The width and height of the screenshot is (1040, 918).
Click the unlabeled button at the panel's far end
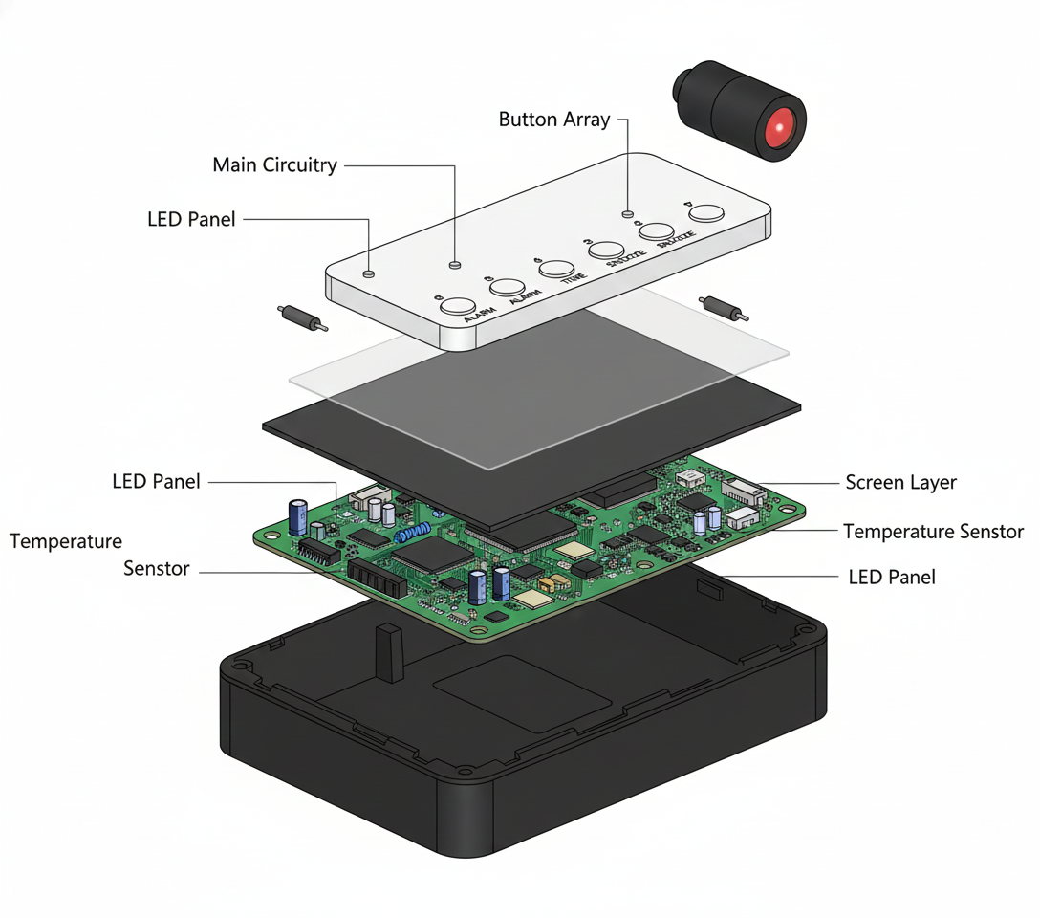[707, 213]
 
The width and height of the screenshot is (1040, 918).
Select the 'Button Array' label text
[553, 120]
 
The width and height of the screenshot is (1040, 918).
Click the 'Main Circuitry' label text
[274, 165]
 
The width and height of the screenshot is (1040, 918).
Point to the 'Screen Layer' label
[900, 483]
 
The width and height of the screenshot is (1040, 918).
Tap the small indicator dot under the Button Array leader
[627, 213]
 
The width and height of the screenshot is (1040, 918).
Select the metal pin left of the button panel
[301, 317]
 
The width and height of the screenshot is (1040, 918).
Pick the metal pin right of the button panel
[725, 309]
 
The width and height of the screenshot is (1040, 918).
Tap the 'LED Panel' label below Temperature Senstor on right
[891, 577]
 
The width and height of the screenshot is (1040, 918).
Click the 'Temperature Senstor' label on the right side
[932, 532]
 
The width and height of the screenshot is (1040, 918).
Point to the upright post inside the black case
[387, 652]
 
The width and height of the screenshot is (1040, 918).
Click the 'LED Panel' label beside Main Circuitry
[191, 219]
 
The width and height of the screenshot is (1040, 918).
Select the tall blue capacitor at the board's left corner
[297, 515]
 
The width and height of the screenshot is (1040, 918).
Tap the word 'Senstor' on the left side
[157, 569]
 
